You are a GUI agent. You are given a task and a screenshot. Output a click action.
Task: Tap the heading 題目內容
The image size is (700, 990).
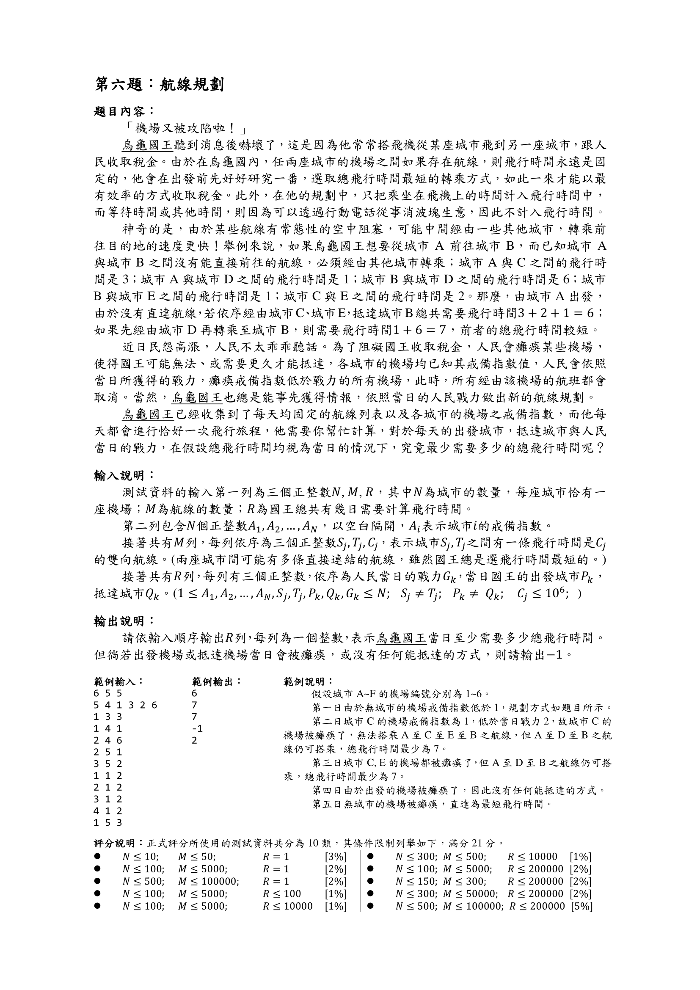[x=123, y=112]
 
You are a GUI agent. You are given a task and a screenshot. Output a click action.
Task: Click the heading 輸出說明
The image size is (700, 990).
[x=123, y=621]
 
